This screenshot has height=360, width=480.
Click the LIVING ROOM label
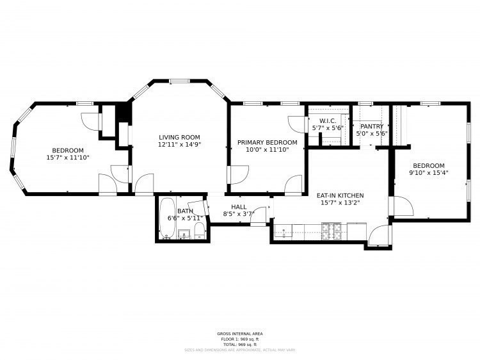coord(179,137)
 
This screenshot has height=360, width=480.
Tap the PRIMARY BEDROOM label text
coord(267,142)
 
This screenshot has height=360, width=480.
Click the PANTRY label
coord(371,126)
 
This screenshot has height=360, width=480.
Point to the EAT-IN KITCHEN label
coord(340,195)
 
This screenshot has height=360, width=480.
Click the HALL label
coord(239,206)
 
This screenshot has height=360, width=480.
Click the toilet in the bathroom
coord(199,230)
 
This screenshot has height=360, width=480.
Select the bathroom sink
coord(184,234)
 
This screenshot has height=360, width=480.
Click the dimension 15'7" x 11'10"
coord(68,157)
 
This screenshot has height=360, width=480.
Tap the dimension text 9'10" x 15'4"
coord(429,172)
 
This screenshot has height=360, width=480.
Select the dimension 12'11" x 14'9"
coord(179,145)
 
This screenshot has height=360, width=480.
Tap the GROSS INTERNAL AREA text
coord(240,334)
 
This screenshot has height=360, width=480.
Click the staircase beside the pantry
coord(397,125)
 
